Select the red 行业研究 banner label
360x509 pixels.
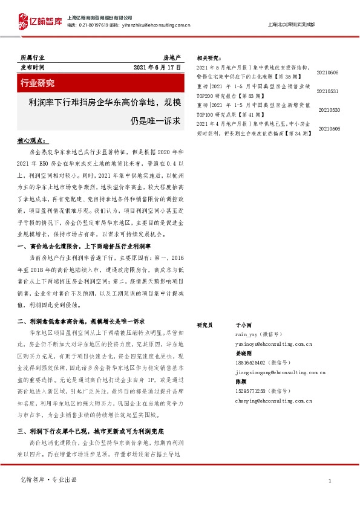tap(38, 83)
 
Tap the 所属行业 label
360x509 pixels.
tap(32, 56)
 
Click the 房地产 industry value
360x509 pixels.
tap(172, 56)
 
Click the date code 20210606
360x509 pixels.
tap(327, 73)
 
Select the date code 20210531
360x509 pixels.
tap(327, 91)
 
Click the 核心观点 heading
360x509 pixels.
tap(33, 141)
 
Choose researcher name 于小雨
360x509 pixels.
tap(241, 325)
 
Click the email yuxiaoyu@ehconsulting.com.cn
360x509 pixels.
tap(273, 343)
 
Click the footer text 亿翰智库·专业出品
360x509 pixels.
tap(50, 479)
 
